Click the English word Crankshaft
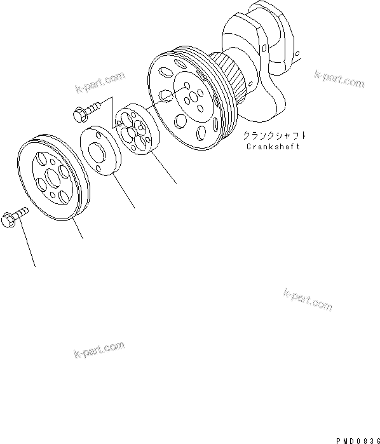(x=273, y=147)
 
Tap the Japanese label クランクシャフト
(x=273, y=135)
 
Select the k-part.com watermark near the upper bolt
(x=98, y=83)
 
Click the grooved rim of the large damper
(x=219, y=95)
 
